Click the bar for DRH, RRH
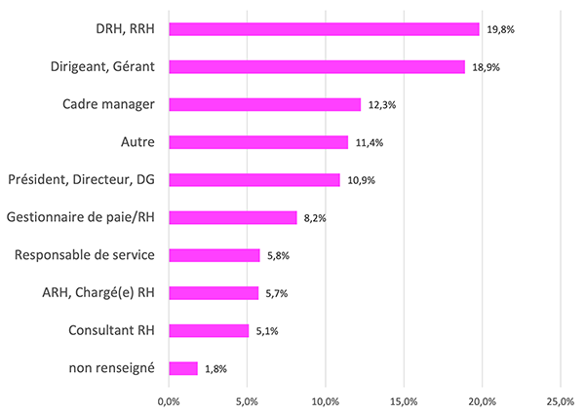click(324, 29)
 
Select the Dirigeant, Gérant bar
click(317, 66)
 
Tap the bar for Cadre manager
click(265, 104)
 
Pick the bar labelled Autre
click(258, 142)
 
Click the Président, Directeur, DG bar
click(254, 180)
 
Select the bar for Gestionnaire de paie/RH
click(233, 217)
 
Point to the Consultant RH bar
click(209, 331)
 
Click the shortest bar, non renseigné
click(183, 368)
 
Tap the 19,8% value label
click(500, 30)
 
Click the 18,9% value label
click(486, 67)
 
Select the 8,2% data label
click(315, 218)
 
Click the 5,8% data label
click(278, 256)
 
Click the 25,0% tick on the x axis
click(561, 400)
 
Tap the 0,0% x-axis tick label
click(169, 400)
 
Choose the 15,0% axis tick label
click(404, 400)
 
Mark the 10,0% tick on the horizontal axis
click(326, 400)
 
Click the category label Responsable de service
click(85, 255)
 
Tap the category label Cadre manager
click(108, 104)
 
